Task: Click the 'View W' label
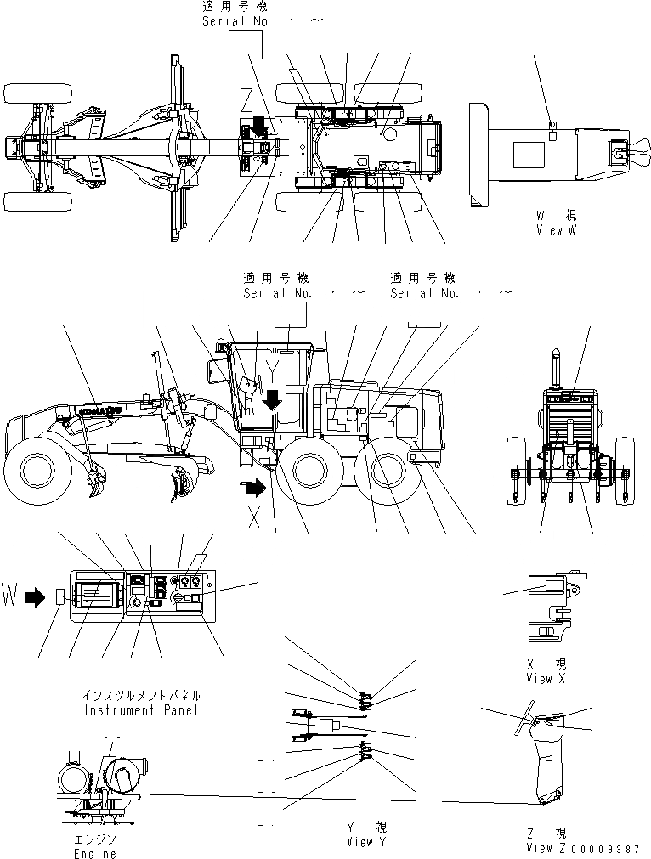tap(556, 230)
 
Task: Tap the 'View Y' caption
tap(366, 842)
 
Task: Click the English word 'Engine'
tap(94, 853)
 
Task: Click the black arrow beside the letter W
tap(35, 598)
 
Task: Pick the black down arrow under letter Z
tap(258, 127)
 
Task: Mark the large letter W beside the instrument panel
tap(10, 597)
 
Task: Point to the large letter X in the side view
tap(253, 520)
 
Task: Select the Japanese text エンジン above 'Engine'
tap(94, 839)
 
